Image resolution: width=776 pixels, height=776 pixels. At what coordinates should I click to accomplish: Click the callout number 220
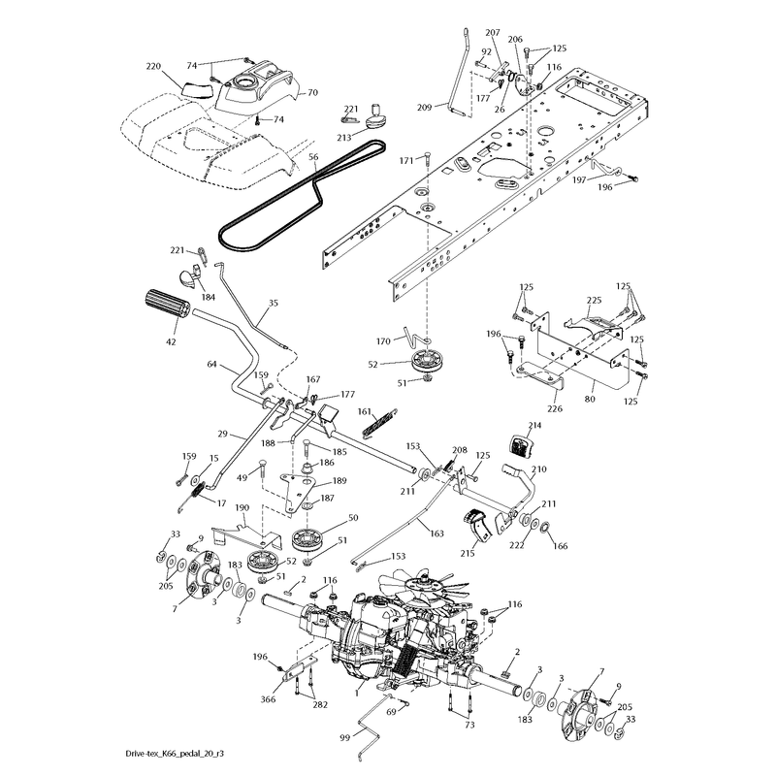tap(153, 66)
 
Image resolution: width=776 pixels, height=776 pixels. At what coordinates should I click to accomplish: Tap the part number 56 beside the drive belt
tap(313, 157)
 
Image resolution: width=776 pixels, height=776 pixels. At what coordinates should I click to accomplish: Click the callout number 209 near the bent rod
tap(424, 107)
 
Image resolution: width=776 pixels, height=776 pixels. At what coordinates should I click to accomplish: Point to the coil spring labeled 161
tap(380, 422)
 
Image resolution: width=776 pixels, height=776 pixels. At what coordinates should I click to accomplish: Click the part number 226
tap(555, 408)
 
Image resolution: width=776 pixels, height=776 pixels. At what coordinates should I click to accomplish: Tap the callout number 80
tap(590, 399)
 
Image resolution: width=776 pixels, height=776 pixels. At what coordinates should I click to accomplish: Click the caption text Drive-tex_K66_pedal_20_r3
tap(178, 754)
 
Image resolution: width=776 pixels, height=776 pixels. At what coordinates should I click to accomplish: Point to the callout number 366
tap(268, 699)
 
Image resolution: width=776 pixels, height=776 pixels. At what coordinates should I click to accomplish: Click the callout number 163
tap(436, 533)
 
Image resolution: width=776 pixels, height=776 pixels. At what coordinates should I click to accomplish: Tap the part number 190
tap(242, 507)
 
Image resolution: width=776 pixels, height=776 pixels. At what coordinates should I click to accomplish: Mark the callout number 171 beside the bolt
tap(405, 161)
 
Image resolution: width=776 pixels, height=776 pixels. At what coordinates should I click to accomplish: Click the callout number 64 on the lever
tap(211, 365)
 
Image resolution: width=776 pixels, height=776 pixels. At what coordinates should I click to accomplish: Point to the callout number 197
tap(579, 179)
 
